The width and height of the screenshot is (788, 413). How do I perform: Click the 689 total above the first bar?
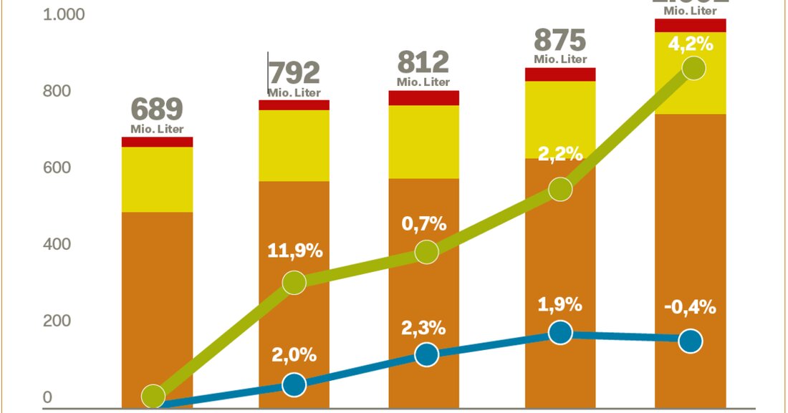pyautogui.click(x=157, y=110)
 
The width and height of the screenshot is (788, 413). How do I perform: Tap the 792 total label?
pyautogui.click(x=294, y=73)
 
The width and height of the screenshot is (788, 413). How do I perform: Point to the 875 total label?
pyautogui.click(x=559, y=39)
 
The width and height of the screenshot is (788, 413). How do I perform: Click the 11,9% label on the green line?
pyautogui.click(x=295, y=251)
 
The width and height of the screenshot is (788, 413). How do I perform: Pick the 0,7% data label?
pyautogui.click(x=424, y=223)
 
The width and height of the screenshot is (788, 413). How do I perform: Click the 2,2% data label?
pyautogui.click(x=561, y=153)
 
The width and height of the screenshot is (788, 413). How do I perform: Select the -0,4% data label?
pyautogui.click(x=690, y=307)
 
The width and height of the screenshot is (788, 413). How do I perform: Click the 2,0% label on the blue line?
pyautogui.click(x=294, y=354)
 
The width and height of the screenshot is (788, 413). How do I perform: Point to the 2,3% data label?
pyautogui.click(x=423, y=329)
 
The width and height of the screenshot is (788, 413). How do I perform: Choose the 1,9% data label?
pyautogui.click(x=560, y=304)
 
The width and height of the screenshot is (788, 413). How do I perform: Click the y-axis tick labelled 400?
pyautogui.click(x=57, y=245)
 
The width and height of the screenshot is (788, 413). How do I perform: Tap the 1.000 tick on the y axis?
pyautogui.click(x=64, y=15)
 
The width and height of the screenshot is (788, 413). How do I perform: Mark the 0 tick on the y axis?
pyautogui.click(x=47, y=398)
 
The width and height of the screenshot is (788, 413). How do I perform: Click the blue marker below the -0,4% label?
pyautogui.click(x=690, y=341)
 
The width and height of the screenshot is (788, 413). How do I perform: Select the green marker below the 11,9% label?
pyautogui.click(x=294, y=283)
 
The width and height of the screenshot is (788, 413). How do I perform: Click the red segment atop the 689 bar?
pyautogui.click(x=157, y=142)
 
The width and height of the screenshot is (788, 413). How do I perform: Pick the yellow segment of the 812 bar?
pyautogui.click(x=423, y=142)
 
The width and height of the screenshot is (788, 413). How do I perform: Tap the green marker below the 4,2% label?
pyautogui.click(x=693, y=69)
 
